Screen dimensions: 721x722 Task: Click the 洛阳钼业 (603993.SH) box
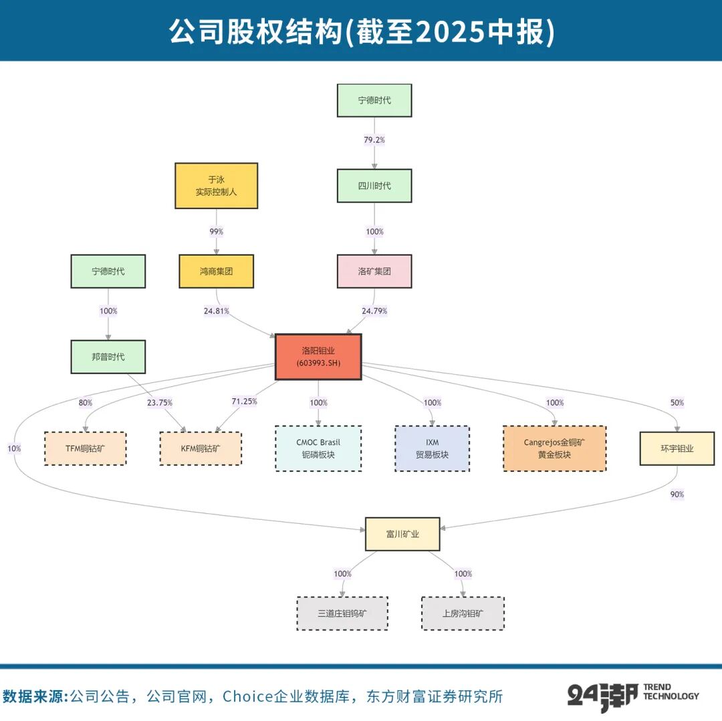(318, 357)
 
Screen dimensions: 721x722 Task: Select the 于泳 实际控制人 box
(216, 186)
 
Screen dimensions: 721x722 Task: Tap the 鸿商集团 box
(216, 271)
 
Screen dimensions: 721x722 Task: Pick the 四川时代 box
(374, 186)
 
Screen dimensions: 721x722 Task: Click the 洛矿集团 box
(374, 271)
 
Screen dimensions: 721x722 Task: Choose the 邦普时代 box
(108, 357)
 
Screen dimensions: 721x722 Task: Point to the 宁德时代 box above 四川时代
(374, 100)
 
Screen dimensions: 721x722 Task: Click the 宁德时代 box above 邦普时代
(108, 271)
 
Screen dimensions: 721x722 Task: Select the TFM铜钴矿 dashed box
(85, 449)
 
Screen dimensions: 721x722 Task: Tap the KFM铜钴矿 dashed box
(201, 449)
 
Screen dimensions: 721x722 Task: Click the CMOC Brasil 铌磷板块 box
(318, 449)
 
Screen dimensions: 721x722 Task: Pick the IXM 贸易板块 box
(432, 449)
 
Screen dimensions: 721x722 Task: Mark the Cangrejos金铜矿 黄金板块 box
(554, 449)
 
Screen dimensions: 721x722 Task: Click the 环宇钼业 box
(677, 449)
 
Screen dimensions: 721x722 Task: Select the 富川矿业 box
(402, 534)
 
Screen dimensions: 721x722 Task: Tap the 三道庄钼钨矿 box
(342, 613)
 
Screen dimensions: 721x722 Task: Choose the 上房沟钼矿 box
(463, 613)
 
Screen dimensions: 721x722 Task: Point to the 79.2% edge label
(374, 140)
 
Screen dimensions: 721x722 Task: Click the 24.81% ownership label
(216, 311)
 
